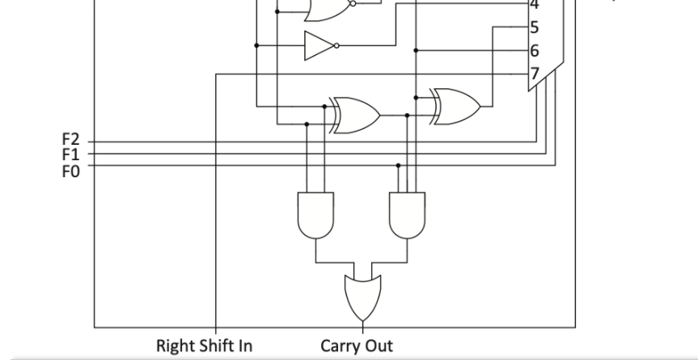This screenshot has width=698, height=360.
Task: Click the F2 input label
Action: click(70, 141)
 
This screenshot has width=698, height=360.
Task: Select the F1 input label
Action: click(70, 153)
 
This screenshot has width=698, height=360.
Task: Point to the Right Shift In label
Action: click(204, 346)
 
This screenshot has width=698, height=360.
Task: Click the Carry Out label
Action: click(357, 346)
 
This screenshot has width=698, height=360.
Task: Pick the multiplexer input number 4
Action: click(534, 6)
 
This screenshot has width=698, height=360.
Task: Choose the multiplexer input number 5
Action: click(534, 28)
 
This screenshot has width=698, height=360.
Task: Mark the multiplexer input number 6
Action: click(534, 51)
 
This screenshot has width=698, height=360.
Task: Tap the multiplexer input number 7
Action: click(534, 74)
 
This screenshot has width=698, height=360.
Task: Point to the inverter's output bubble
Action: click(336, 45)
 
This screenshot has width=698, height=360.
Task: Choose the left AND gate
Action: click(315, 214)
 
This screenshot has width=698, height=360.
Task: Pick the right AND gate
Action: click(407, 214)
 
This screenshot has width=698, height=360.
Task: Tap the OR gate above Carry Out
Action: click(362, 298)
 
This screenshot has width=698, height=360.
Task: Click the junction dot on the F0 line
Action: click(398, 165)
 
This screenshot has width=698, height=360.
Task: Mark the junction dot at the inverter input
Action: click(257, 45)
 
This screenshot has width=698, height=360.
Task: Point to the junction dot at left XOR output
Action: click(407, 116)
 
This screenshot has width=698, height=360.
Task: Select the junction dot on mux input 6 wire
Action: click(416, 50)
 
